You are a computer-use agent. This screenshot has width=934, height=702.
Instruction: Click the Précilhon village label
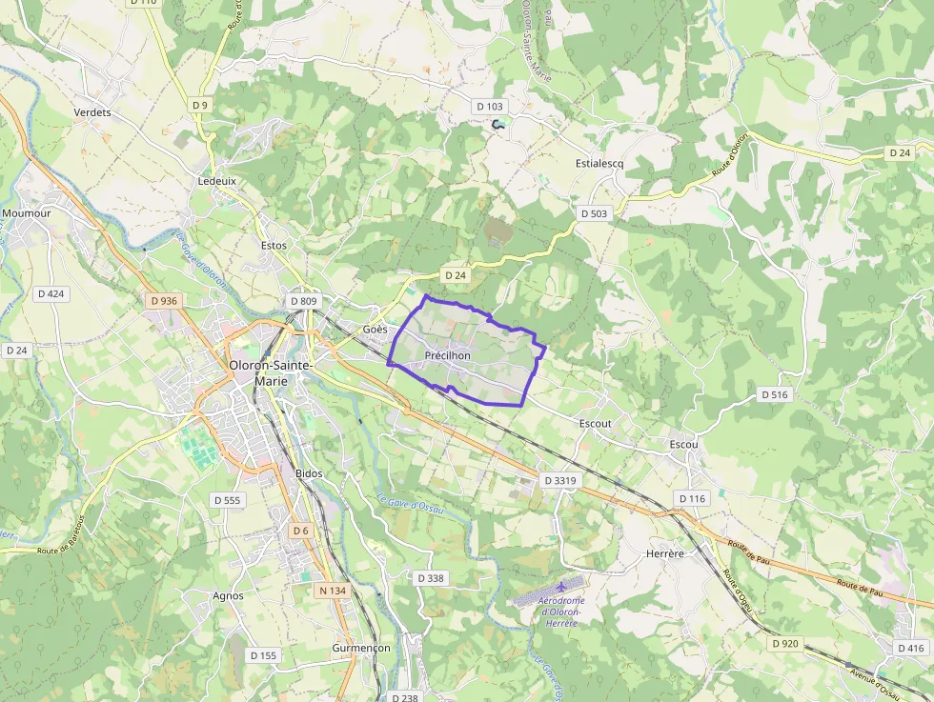[x=447, y=355]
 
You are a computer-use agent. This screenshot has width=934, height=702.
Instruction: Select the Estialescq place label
[x=599, y=163]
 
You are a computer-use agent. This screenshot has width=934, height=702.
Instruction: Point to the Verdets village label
[x=92, y=112]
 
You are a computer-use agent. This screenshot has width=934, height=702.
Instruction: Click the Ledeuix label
[x=216, y=181]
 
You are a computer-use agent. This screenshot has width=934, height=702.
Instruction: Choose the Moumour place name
[x=26, y=213]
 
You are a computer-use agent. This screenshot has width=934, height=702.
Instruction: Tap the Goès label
[x=375, y=329]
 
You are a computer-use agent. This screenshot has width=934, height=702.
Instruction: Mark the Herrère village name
[x=665, y=552]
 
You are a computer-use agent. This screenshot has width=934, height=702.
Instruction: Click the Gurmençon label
[x=361, y=648]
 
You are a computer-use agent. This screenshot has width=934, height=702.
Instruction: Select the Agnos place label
[x=229, y=596]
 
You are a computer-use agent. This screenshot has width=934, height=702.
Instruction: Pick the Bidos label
[x=309, y=473]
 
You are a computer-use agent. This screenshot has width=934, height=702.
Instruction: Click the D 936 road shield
[x=164, y=301]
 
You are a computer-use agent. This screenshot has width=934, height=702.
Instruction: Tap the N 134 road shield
[x=332, y=591]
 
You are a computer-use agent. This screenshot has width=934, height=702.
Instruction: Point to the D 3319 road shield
[x=559, y=481]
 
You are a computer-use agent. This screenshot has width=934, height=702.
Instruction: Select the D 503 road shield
[x=593, y=214]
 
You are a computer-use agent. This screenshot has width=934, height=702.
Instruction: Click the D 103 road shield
[x=490, y=107]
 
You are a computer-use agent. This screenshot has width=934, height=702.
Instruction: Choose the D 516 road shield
[x=776, y=394]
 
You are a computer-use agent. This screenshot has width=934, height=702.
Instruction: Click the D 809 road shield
[x=302, y=301]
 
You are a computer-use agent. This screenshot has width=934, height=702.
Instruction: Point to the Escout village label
[x=595, y=423]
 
